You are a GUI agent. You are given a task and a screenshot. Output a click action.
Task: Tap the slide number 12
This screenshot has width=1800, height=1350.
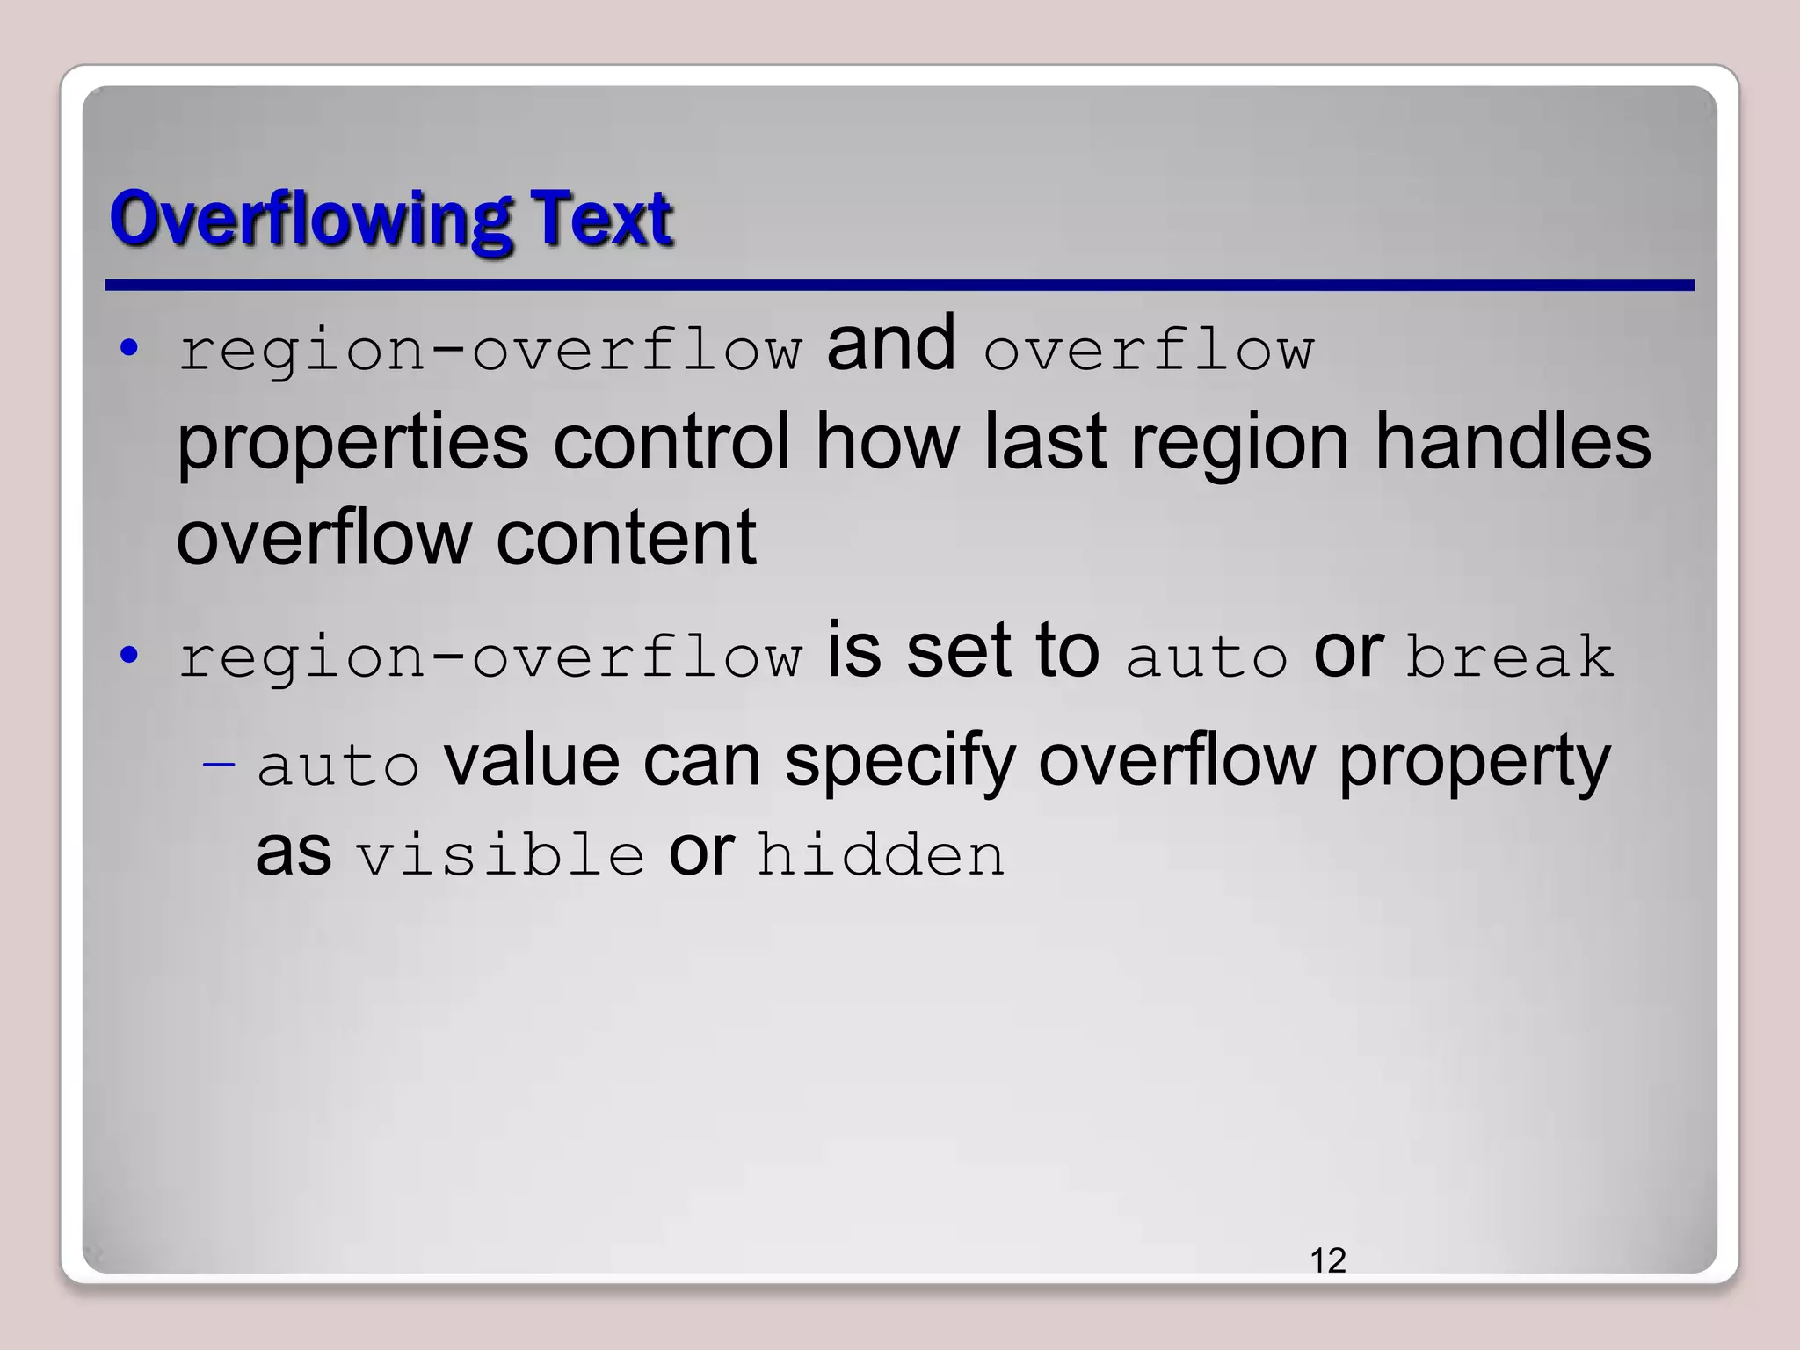click(1327, 1260)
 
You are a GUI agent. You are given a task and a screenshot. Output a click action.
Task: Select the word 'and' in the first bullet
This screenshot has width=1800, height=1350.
click(890, 345)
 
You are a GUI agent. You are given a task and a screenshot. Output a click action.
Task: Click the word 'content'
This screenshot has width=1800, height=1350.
click(626, 538)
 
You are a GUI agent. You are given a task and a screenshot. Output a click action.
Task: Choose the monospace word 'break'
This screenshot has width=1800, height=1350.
click(1509, 657)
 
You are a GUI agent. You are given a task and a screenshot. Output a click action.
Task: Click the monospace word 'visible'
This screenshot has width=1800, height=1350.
click(500, 854)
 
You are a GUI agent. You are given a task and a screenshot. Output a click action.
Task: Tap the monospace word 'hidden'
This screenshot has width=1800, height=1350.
click(881, 854)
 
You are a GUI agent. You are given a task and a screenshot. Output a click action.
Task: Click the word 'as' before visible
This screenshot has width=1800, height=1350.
click(294, 853)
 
